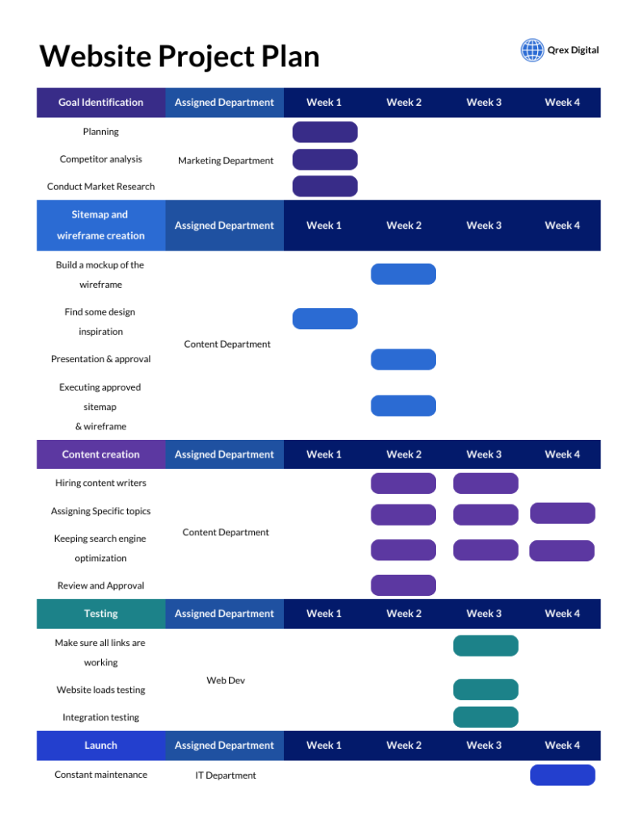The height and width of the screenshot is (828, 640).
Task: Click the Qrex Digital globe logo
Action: pos(532,50)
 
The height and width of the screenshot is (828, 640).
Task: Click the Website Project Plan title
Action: pos(179,57)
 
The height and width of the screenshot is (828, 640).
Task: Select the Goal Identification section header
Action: pos(101,103)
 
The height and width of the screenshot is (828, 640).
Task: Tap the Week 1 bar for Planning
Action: pos(324,132)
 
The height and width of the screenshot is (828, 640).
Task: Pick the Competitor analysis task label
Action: pos(101,159)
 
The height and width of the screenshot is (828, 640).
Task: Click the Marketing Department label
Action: pos(226,161)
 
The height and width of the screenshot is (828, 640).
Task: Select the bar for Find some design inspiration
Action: pos(324,319)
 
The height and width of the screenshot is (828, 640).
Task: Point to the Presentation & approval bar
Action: pos(403,360)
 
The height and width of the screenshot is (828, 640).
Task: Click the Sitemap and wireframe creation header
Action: pos(101,226)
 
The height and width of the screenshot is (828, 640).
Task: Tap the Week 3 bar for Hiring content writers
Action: pos(485,484)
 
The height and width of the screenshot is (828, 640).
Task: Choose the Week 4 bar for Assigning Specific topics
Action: pos(562,513)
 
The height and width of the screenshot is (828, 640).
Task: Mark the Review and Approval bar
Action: pos(403,585)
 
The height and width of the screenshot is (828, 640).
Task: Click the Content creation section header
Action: pos(101,454)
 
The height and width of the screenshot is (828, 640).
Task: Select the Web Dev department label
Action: pos(226,681)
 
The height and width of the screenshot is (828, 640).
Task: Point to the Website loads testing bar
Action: pos(485,690)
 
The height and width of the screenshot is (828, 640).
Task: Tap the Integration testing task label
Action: pos(101,717)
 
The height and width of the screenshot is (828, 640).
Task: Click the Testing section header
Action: pos(101,614)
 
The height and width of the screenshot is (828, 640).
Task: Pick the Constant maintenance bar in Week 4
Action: pos(562,775)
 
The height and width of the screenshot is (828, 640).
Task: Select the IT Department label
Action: pos(226,775)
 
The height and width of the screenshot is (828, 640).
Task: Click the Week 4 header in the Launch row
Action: pos(562,746)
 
